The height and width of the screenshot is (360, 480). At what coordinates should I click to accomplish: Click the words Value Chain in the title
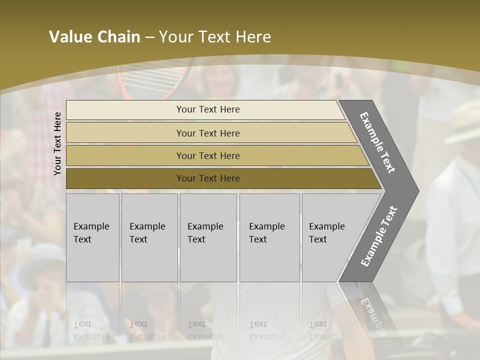pos(94,37)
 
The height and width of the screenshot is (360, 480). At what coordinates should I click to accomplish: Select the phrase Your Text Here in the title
pos(215,37)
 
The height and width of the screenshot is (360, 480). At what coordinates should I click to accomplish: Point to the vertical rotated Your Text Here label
pos(57,143)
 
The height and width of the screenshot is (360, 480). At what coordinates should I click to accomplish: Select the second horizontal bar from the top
pos(207,133)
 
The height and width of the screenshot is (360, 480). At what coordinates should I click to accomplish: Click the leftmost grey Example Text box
pos(92,237)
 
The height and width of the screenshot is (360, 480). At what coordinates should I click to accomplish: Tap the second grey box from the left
pos(149,237)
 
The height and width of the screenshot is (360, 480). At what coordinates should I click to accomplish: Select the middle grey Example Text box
pos(208,237)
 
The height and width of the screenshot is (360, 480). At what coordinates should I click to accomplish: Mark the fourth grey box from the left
pos(269,237)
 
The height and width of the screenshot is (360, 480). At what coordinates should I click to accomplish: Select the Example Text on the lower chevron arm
pos(379,236)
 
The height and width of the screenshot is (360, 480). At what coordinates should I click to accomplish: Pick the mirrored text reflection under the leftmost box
pos(91,330)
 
